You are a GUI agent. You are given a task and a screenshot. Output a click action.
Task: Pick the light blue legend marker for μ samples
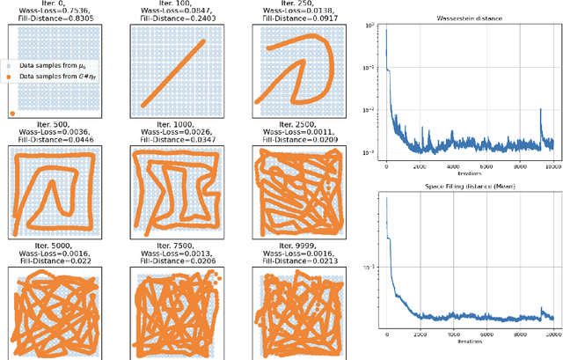[11, 66]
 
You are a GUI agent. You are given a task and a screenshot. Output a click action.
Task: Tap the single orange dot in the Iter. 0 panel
[11, 113]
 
